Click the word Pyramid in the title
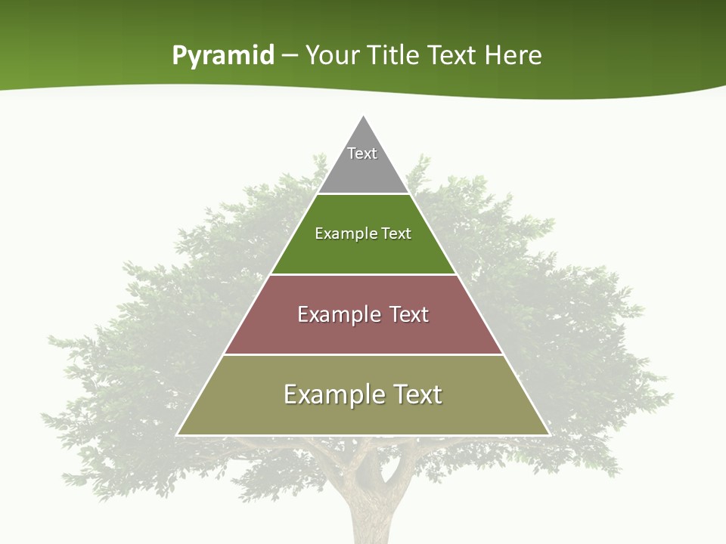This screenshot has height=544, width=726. coord(223,56)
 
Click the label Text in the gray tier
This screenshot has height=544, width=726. coord(362,153)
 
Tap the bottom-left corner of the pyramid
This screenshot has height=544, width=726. coord(178,434)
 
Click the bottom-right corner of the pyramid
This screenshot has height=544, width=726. coord(548,434)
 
